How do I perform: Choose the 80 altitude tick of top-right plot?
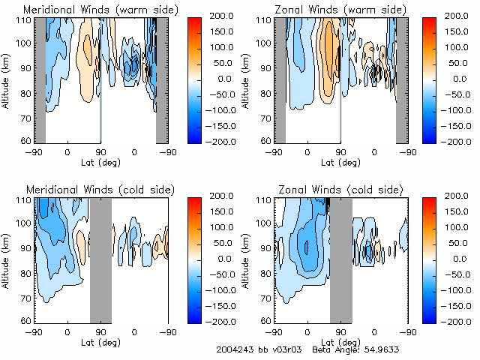(x=268, y=95)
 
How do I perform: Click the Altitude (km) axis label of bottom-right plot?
(x=247, y=259)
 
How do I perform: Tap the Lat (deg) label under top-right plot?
(x=340, y=162)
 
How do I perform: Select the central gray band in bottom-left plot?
(x=100, y=259)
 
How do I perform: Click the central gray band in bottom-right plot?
(x=340, y=259)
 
